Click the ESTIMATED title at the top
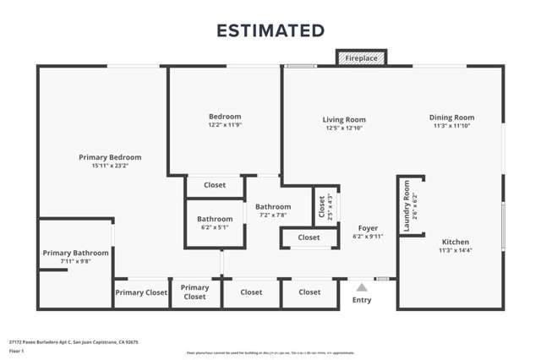[x=270, y=30]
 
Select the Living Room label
[x=343, y=119]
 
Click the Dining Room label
[x=452, y=117]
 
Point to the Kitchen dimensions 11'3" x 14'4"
[x=453, y=251]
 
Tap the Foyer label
[x=368, y=228]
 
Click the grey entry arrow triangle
[x=362, y=287]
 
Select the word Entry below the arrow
[x=362, y=300]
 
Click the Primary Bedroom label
[x=110, y=157]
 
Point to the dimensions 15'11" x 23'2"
[x=110, y=166]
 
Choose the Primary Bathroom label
[x=76, y=253]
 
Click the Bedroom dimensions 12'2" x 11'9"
[x=225, y=126]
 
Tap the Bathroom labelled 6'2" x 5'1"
[x=214, y=223]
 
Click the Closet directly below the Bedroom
[x=215, y=185]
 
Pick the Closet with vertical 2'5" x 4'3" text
[x=321, y=206]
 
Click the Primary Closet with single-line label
[x=140, y=292]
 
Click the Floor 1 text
[x=16, y=350]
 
